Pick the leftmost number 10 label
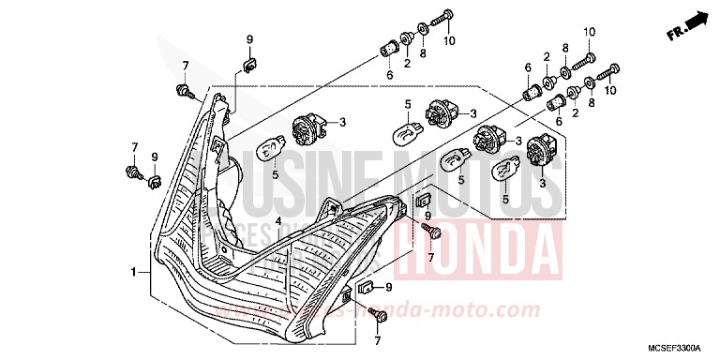(449, 41)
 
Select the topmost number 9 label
(250, 37)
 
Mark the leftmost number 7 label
(134, 147)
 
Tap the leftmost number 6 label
(388, 74)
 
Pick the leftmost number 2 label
(407, 63)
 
